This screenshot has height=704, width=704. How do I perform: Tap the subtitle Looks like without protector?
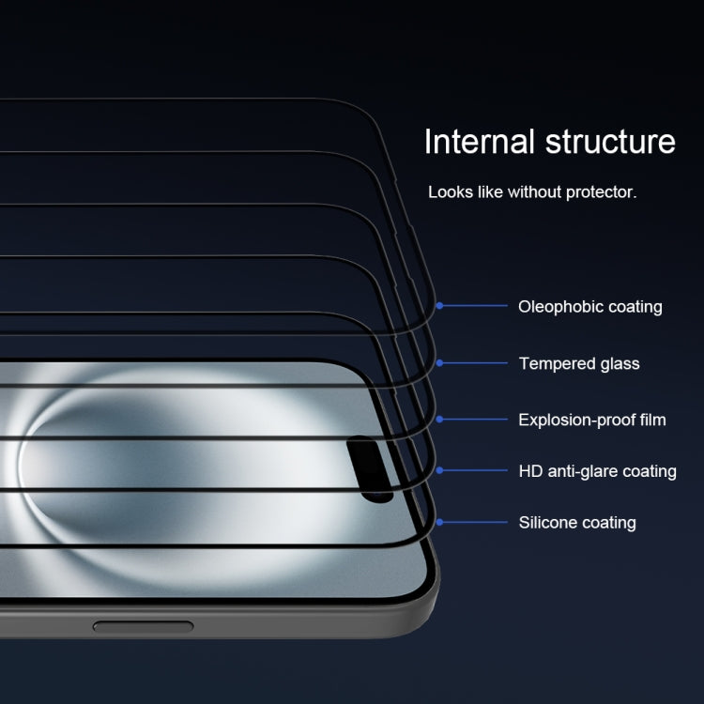(x=532, y=192)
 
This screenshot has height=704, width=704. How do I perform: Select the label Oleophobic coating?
(x=589, y=307)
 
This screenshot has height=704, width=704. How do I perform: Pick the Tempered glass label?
(x=578, y=363)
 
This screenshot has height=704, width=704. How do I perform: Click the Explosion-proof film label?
(x=591, y=420)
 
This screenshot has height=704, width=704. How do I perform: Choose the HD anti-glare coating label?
(x=597, y=471)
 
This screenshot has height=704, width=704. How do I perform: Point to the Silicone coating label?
(x=576, y=523)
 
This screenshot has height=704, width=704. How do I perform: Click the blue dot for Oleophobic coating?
(x=439, y=305)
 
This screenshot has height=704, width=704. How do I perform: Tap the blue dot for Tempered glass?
(x=439, y=362)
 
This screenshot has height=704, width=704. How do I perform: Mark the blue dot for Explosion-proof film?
(x=439, y=419)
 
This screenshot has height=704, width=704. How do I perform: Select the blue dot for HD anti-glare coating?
(x=439, y=469)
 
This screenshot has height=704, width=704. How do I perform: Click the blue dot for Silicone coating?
(x=439, y=521)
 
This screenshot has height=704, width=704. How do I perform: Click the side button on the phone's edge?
(x=143, y=625)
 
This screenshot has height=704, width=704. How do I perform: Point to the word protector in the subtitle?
(x=603, y=192)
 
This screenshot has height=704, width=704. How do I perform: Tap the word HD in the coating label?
(x=529, y=471)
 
